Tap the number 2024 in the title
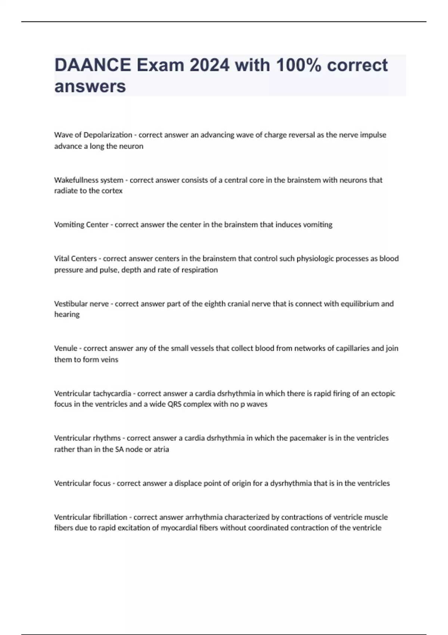point(209,65)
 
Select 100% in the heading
point(299,65)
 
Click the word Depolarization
point(108,135)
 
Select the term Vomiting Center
point(81,225)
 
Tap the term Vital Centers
point(75,258)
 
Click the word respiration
point(199,270)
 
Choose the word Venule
point(66,349)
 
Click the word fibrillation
point(109,517)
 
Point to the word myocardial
point(177,528)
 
